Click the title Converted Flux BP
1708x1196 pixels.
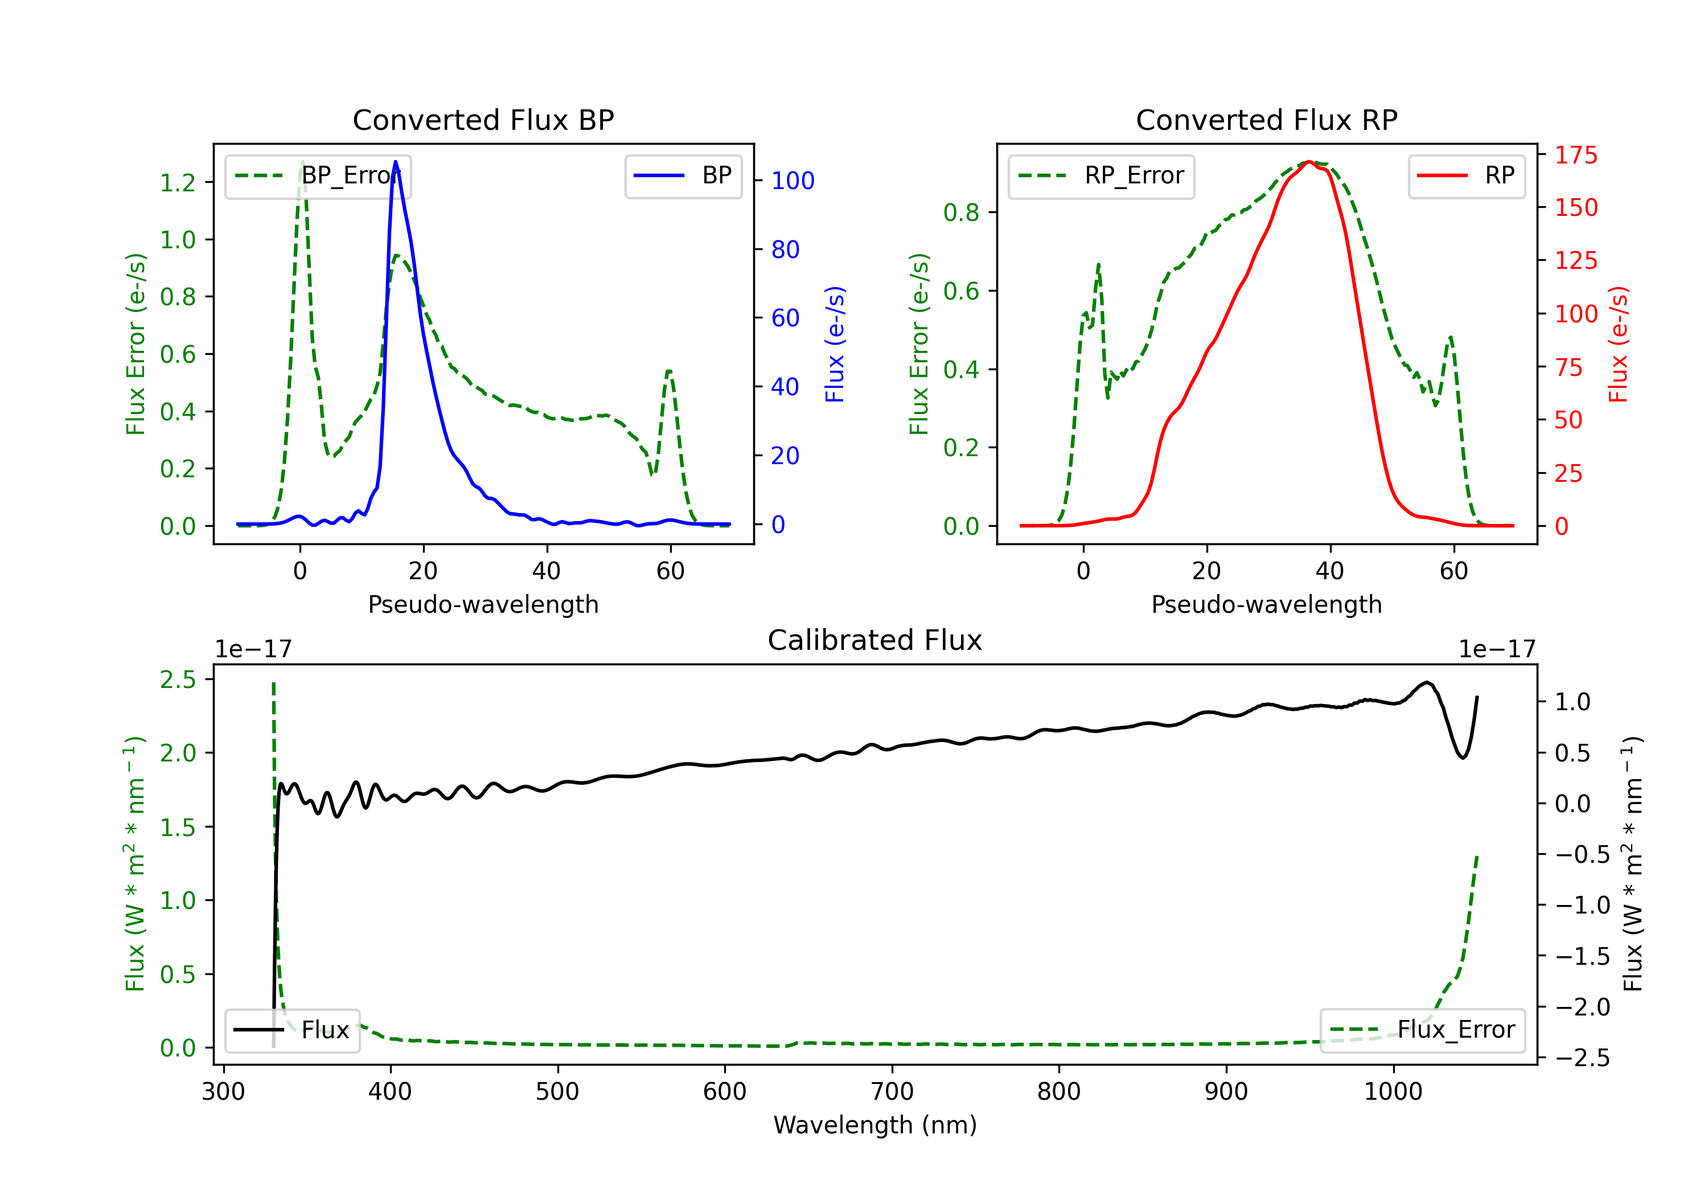click(483, 120)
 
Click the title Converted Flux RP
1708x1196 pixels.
click(1266, 120)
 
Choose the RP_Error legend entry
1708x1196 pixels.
click(1101, 175)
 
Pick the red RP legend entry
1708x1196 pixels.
click(1466, 175)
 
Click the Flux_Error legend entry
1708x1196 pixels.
click(1422, 1030)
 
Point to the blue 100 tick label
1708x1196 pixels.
click(793, 181)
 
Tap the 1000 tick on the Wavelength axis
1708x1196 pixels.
click(1393, 1092)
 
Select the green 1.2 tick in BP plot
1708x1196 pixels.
click(178, 182)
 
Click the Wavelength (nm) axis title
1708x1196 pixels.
click(875, 1125)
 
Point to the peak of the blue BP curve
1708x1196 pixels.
click(396, 162)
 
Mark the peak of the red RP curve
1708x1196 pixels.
click(1309, 162)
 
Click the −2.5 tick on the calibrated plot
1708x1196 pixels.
click(1582, 1058)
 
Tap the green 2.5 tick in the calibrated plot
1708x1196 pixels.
click(178, 679)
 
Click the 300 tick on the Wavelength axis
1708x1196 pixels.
click(223, 1092)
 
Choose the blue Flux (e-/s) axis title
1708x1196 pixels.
click(835, 344)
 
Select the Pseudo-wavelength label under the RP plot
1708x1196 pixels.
click(1266, 604)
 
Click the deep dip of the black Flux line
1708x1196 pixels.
click(1463, 757)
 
